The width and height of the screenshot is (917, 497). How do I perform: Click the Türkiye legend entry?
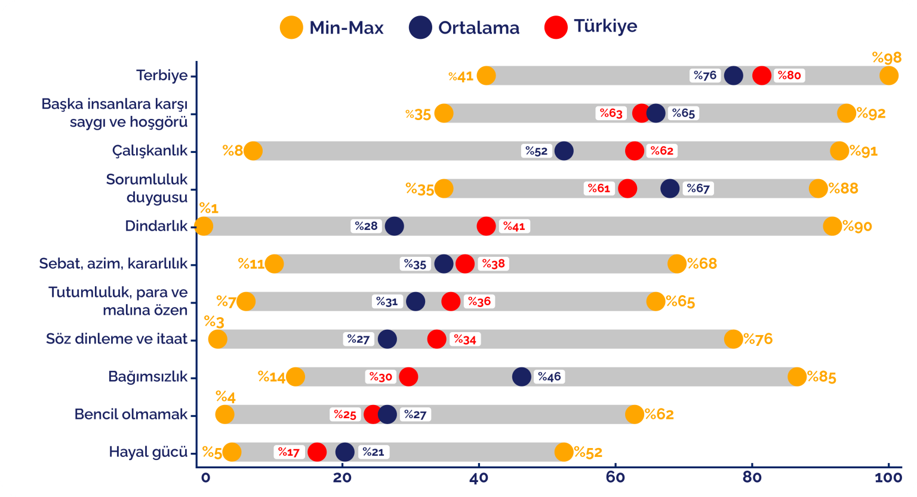point(591,27)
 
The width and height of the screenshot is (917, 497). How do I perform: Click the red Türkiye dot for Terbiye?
point(761,76)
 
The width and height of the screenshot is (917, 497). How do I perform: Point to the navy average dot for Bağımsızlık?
point(521,377)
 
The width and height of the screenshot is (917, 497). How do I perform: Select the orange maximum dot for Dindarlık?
point(832,226)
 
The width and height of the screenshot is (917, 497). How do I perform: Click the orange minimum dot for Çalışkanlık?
point(253,151)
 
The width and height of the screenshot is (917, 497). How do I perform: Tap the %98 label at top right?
point(887,58)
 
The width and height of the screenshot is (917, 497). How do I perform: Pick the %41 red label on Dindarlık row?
point(513,226)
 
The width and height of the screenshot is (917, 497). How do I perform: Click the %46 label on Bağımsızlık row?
point(549,377)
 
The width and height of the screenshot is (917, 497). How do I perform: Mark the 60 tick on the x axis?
point(616,477)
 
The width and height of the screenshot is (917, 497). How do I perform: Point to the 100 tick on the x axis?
point(888,477)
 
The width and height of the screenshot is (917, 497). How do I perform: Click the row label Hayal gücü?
point(148,452)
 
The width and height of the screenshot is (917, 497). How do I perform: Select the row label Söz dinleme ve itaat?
point(117,339)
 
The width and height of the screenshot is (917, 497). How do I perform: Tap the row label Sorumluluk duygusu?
point(147,188)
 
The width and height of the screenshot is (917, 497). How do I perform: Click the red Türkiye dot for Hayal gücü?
point(316,452)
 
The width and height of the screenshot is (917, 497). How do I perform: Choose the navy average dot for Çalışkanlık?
point(564,151)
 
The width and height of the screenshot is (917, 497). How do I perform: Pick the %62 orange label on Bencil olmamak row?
point(658,415)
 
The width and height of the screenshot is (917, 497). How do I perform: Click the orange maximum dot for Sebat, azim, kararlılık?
point(676,264)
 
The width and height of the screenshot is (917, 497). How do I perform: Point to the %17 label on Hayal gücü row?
point(289,452)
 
